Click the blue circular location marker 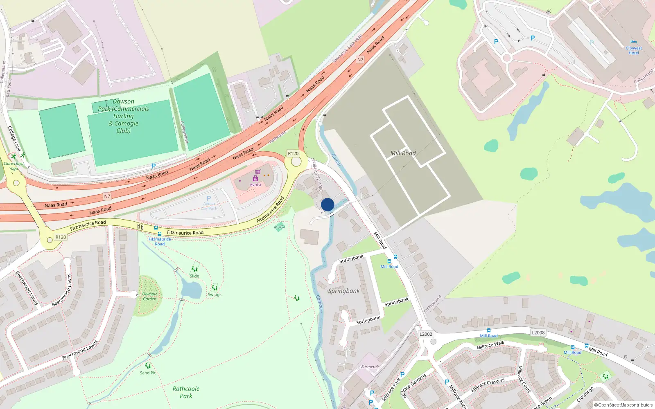click(327, 204)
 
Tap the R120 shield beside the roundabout click(293, 153)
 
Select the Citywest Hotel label click(633, 50)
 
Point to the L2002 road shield click(426, 334)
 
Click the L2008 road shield click(538, 333)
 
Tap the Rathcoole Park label click(186, 392)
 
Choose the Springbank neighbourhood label click(344, 291)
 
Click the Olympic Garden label click(149, 297)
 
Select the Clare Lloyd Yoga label click(14, 166)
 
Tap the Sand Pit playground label click(147, 373)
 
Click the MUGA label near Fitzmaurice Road click(280, 227)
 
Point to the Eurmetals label click(370, 366)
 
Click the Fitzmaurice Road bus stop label click(160, 241)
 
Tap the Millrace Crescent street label click(488, 385)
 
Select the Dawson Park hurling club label click(123, 116)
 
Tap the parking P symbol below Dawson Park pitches click(154, 166)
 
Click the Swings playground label click(215, 294)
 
